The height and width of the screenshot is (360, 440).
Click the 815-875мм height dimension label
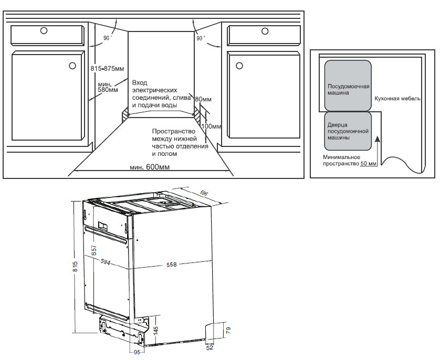pos(107,69)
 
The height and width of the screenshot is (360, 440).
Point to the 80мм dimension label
pos(203,99)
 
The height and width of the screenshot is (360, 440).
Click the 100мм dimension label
pos(212,126)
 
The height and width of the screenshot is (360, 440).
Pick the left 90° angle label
pos(108,38)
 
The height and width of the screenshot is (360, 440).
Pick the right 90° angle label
pos(201,38)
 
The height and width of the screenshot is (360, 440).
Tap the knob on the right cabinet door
pos(239,66)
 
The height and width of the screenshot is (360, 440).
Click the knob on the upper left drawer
pos(44,31)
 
